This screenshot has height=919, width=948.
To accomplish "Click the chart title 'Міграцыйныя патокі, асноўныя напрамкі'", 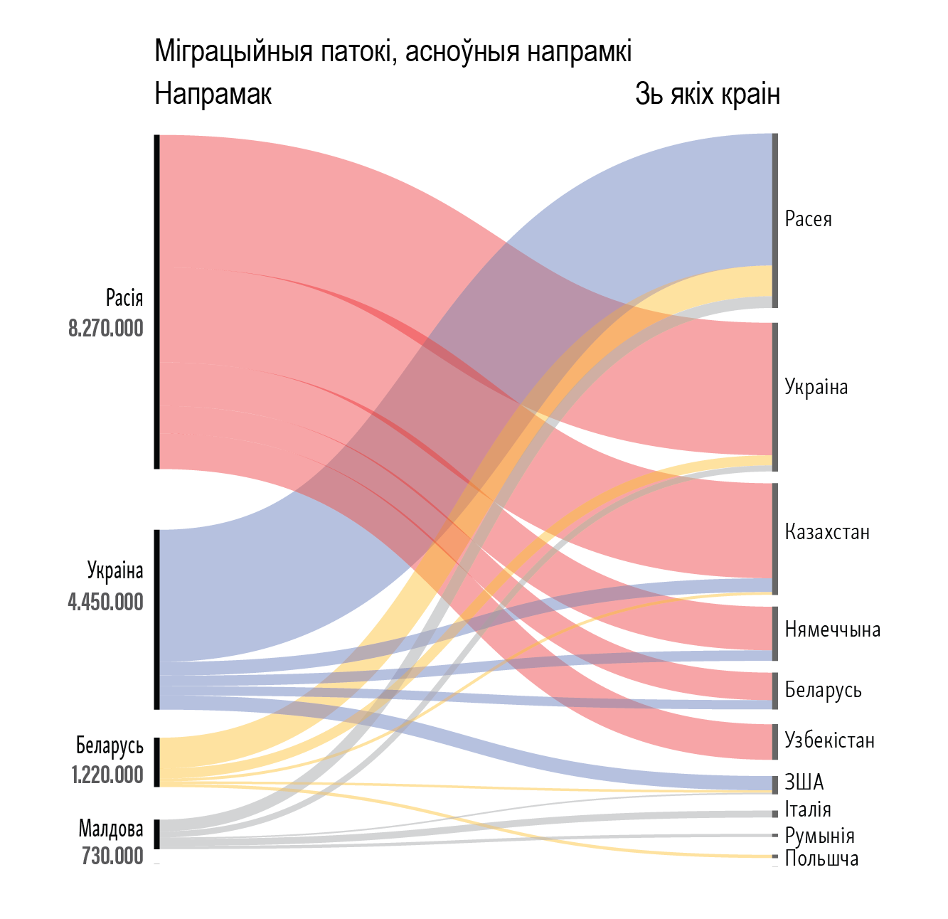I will (393, 52).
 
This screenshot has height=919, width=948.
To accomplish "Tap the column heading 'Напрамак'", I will (213, 94).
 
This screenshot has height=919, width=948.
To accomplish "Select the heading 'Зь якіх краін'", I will (707, 94).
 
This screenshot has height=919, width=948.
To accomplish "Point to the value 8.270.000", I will (106, 329).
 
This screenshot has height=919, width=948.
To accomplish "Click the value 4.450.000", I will (106, 602).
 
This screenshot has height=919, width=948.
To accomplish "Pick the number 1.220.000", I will (107, 775).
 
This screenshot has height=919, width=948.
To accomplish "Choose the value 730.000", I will (112, 856).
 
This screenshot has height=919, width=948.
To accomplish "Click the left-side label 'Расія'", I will (124, 297).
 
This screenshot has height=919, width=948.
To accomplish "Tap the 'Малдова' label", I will (111, 829).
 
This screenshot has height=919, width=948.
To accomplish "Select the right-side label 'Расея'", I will (808, 219).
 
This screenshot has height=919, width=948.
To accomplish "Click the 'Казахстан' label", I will (827, 532).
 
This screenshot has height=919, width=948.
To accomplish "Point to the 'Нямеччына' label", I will (832, 630).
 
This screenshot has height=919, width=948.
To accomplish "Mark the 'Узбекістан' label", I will (829, 740).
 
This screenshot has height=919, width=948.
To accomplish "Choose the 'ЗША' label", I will (804, 782).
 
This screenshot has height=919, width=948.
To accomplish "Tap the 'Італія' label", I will (808, 809).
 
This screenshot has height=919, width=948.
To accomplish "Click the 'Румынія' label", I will (819, 835).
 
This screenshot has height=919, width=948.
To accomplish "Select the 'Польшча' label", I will (821, 859).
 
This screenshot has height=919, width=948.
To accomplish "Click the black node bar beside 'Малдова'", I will (157, 834).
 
